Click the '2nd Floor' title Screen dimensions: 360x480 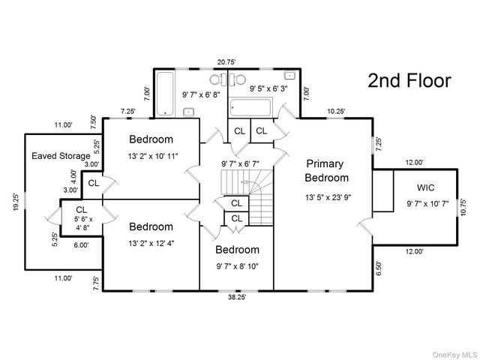click(x=409, y=81)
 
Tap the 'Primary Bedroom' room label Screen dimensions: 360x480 click(x=326, y=170)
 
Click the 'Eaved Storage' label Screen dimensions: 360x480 click(x=60, y=156)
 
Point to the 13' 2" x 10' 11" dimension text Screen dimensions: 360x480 click(x=152, y=156)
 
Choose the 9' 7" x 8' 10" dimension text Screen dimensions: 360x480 click(x=236, y=265)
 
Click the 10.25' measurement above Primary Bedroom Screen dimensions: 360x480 click(x=336, y=111)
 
